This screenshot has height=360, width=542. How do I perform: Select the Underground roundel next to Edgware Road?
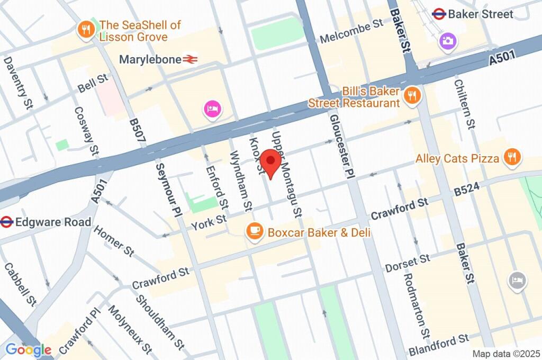pyautogui.click(x=6, y=221)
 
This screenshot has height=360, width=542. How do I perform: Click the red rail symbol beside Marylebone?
pyautogui.click(x=191, y=60)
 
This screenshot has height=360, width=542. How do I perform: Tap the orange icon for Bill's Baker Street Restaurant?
pyautogui.click(x=411, y=95)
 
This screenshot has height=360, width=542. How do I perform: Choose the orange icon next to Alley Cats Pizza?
pyautogui.click(x=512, y=157)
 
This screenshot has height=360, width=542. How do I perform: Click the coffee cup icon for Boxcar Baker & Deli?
pyautogui.click(x=255, y=231)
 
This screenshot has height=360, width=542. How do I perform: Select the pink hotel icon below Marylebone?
pyautogui.click(x=212, y=110)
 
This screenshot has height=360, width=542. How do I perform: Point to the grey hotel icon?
pyautogui.click(x=517, y=280)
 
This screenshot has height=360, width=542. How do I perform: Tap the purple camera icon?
pyautogui.click(x=448, y=40)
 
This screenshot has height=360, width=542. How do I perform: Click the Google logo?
pyautogui.click(x=29, y=349)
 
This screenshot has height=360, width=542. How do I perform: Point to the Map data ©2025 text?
pyautogui.click(x=506, y=354)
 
